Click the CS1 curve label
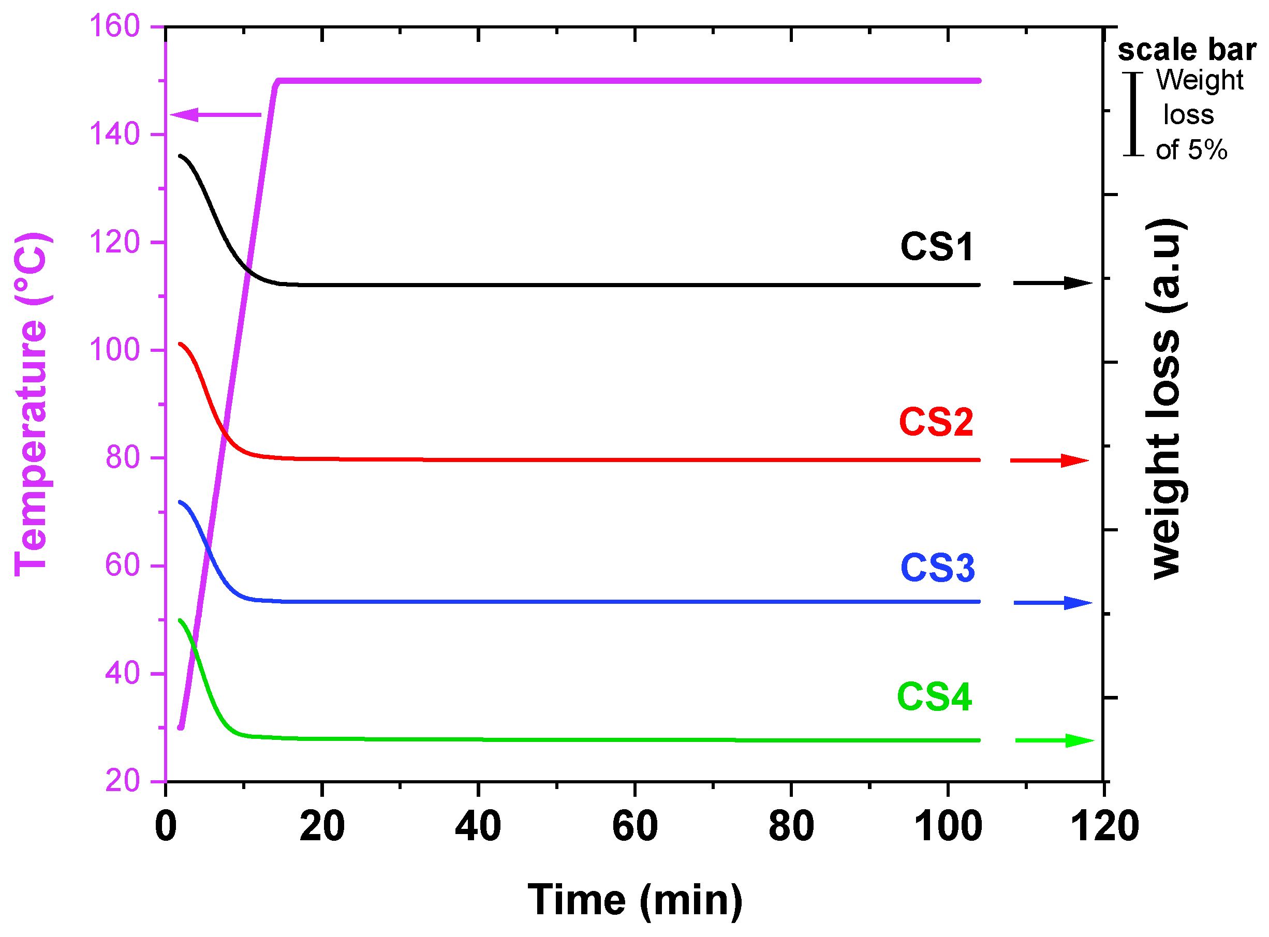click(x=937, y=247)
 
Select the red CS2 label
click(x=936, y=423)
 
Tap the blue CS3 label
click(x=938, y=568)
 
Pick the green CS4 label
click(x=934, y=697)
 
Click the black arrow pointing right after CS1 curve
click(x=1052, y=283)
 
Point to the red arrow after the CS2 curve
click(x=1050, y=460)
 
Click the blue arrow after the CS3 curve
click(x=1053, y=603)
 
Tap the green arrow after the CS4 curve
click(x=1054, y=741)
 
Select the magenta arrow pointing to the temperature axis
click(x=216, y=115)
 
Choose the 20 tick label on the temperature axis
click(x=123, y=781)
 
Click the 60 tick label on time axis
click(x=635, y=827)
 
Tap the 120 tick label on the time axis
click(x=1104, y=827)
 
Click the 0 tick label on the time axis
click(x=166, y=827)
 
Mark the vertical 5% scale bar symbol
click(x=1133, y=114)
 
